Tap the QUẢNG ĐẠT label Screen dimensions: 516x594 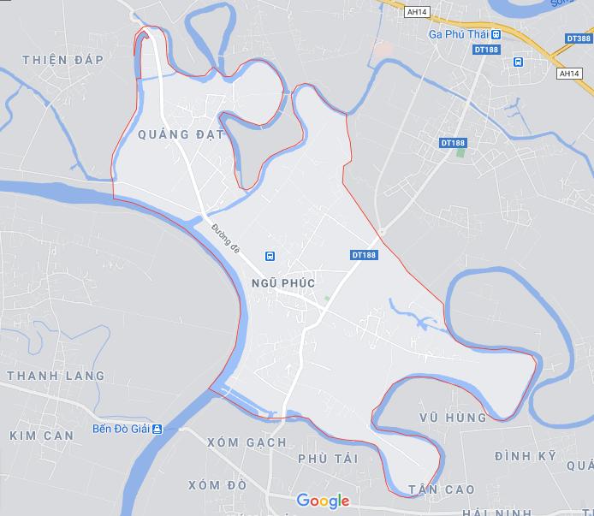(181, 134)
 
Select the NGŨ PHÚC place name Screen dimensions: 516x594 (283, 283)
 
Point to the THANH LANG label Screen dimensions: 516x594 (56, 376)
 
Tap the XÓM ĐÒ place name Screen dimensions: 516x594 (217, 485)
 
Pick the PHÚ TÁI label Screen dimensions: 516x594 (328, 460)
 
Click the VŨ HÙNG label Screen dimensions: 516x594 (453, 418)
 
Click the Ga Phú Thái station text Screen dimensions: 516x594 (458, 34)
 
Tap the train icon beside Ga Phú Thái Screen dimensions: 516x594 (496, 34)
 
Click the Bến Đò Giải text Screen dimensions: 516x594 (121, 430)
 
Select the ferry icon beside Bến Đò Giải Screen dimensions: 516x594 (157, 430)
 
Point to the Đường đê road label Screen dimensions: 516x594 (226, 237)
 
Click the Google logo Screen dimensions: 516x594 (323, 501)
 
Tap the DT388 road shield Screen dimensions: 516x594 (579, 39)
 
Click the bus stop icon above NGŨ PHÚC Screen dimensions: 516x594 (270, 256)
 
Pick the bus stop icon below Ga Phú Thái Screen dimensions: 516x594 (518, 62)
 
